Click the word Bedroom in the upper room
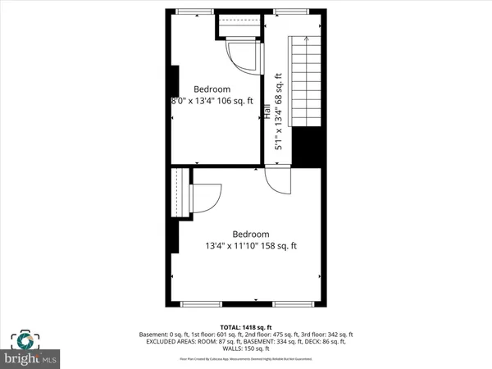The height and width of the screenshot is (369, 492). pos(212,89)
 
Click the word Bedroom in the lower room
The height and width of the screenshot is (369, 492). pos(251,234)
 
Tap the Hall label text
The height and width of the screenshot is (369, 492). pos(267,112)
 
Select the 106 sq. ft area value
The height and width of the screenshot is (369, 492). pos(238,101)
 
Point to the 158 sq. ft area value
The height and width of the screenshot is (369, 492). pos(277,245)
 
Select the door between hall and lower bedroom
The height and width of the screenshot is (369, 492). pos(278,180)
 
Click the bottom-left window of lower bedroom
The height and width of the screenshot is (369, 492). pos(201,303)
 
